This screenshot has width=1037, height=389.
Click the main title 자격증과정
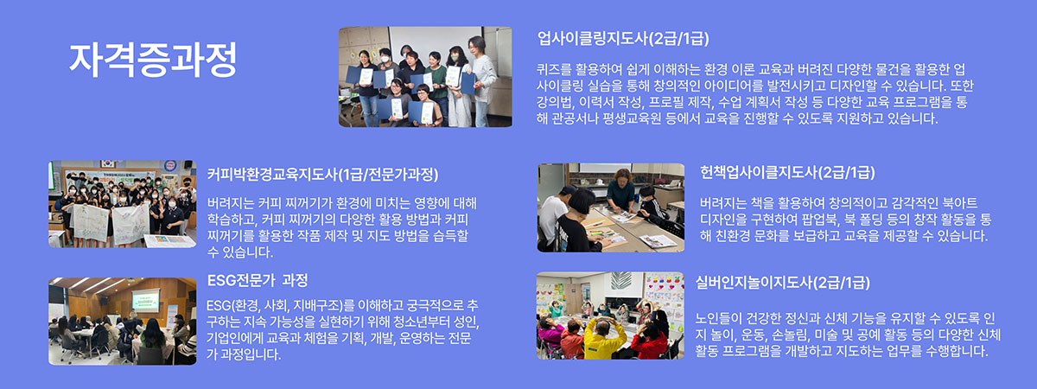153,60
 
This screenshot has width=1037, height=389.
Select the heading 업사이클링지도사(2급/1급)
623,38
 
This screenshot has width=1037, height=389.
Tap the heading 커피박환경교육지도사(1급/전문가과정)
322,175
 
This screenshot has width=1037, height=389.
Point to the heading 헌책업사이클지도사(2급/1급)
787,173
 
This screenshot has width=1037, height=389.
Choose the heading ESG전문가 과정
258,280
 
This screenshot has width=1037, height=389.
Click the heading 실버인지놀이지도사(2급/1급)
782,283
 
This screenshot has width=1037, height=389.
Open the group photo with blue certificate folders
425,77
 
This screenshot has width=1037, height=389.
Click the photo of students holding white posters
122,204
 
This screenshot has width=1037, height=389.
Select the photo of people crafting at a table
611,208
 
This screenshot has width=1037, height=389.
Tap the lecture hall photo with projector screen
122,322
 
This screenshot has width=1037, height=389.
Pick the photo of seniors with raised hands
610,316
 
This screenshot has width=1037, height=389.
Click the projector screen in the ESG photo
146,300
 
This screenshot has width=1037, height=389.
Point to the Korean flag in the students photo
108,164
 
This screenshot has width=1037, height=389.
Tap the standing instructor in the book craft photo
620,191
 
